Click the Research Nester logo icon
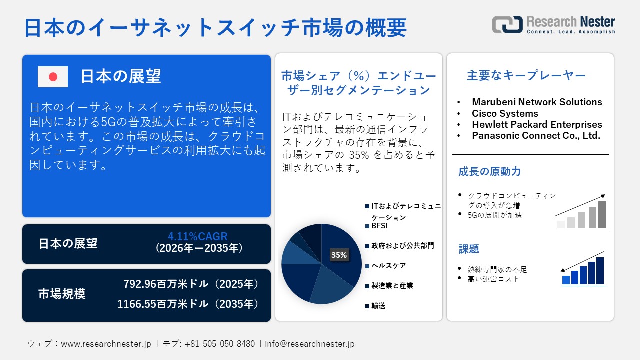click(x=507, y=24)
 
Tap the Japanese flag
click(x=53, y=77)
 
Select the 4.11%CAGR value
click(x=198, y=236)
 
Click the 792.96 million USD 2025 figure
click(x=191, y=284)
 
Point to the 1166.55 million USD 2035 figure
click(x=188, y=303)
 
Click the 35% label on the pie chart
click(x=339, y=255)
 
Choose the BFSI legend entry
click(x=379, y=226)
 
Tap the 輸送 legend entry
click(x=378, y=306)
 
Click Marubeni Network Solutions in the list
click(x=537, y=102)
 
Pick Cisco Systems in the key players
click(x=505, y=113)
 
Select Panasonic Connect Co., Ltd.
click(x=536, y=135)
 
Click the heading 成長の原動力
click(x=482, y=172)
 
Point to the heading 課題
click(x=469, y=249)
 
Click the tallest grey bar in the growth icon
click(x=602, y=215)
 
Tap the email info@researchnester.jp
click(x=310, y=344)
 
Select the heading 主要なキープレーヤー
click(x=526, y=76)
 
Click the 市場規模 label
click(x=62, y=294)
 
